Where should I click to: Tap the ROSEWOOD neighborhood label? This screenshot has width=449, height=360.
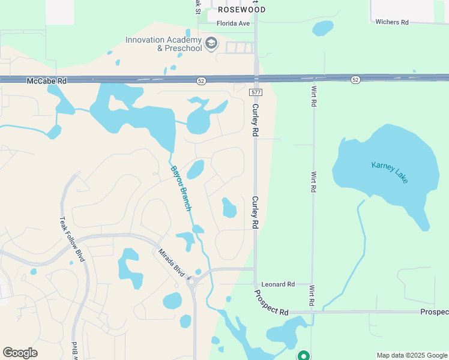(x=241, y=10)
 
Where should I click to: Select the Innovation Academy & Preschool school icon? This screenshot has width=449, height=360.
(x=211, y=43)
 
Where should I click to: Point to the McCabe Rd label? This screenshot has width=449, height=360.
(x=46, y=80)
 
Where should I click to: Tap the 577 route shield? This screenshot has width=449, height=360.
(x=256, y=91)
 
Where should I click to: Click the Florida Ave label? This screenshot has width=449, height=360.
(x=233, y=24)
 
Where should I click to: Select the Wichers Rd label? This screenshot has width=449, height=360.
(x=391, y=22)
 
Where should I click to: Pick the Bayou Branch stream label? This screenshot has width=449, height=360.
(x=181, y=188)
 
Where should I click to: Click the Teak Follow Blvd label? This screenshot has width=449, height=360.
(x=71, y=239)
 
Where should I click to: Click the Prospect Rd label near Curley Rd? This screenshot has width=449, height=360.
(x=271, y=303)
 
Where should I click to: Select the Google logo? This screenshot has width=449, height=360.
(x=20, y=353)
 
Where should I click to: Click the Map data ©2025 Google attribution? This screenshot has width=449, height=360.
(x=412, y=355)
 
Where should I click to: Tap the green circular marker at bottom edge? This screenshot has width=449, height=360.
(x=304, y=356)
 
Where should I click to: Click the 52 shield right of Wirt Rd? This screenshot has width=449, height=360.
(x=356, y=80)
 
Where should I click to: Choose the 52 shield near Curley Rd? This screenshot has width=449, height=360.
(x=202, y=80)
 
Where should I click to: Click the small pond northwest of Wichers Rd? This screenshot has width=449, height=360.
(x=322, y=28)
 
